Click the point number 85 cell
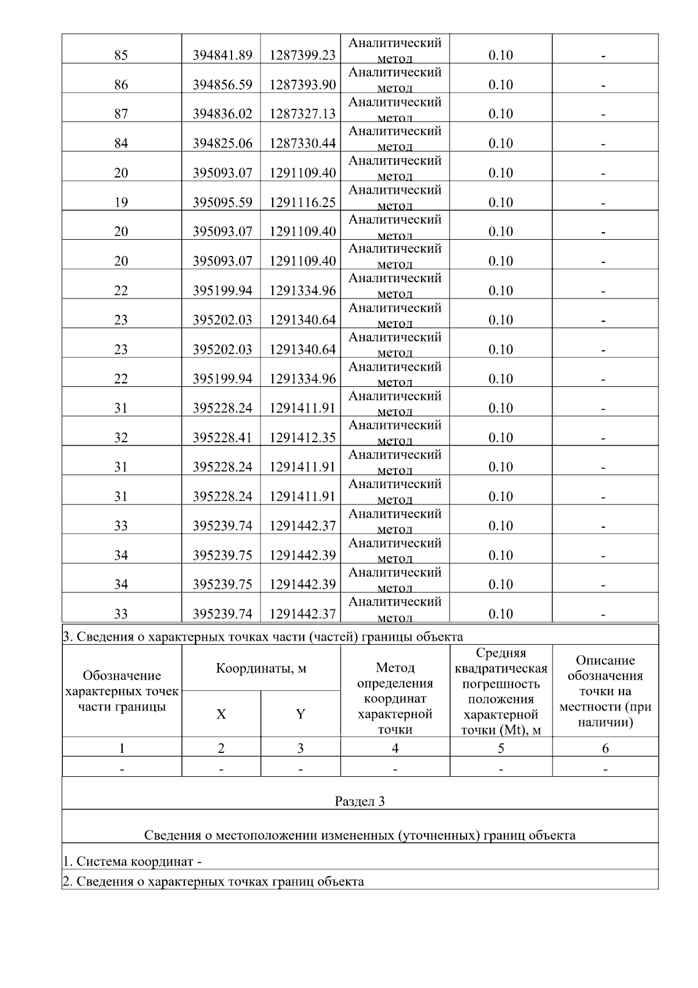(121, 55)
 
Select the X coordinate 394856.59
(222, 85)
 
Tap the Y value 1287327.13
(302, 114)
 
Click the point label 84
(121, 144)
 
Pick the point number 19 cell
(121, 202)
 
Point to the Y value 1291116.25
(302, 202)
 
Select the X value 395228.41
(222, 438)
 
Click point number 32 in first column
(121, 438)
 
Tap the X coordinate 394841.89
(222, 55)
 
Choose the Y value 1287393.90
(302, 85)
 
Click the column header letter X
(221, 715)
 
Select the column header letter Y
(300, 715)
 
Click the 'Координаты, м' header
(261, 669)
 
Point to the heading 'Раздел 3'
(359, 802)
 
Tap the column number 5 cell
(501, 748)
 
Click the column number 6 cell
(605, 748)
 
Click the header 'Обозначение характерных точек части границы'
(122, 691)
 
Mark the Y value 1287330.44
(302, 144)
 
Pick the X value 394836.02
(222, 114)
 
